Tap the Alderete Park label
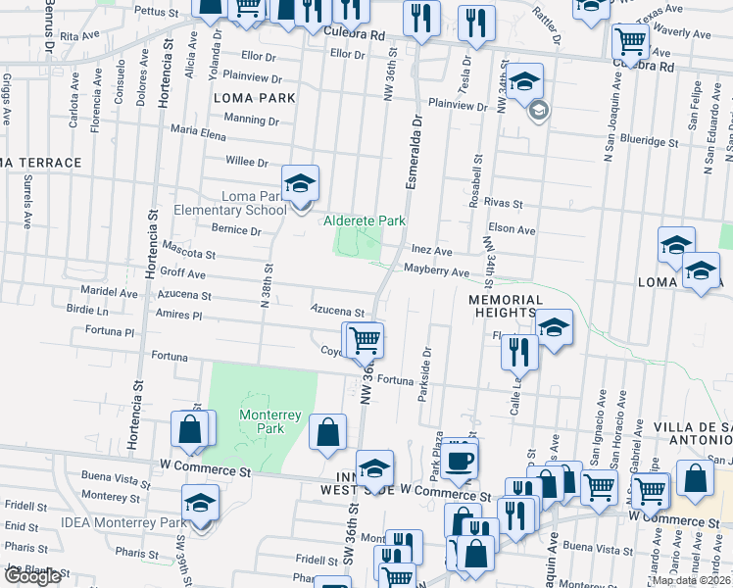pos(365,221)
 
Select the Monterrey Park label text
pos(262,421)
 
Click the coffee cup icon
pos(459,458)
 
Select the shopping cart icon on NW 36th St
pos(366,339)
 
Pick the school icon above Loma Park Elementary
pos(301,182)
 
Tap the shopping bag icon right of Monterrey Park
pos(327,431)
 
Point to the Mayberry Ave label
pos(436,271)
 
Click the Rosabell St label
pos(477,181)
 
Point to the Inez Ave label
pos(431,251)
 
